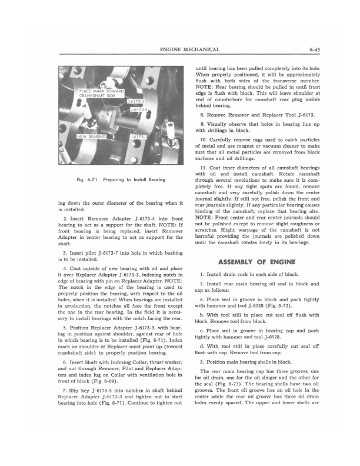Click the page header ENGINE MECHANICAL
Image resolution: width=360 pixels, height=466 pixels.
[x=189, y=49]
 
